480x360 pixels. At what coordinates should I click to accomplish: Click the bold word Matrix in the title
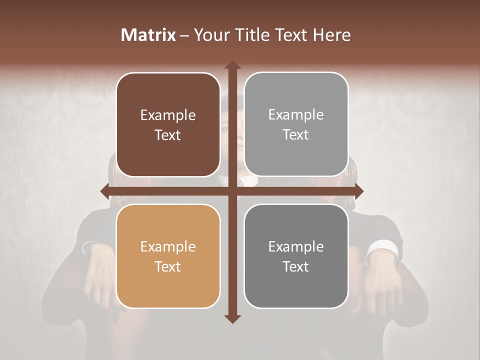pyautogui.click(x=148, y=35)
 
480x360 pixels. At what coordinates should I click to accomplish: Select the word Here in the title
pyautogui.click(x=331, y=35)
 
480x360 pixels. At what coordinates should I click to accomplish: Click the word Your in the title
pyautogui.click(x=210, y=35)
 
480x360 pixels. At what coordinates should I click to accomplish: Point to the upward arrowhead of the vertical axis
pyautogui.click(x=232, y=64)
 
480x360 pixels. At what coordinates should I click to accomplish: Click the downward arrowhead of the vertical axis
pyautogui.click(x=232, y=318)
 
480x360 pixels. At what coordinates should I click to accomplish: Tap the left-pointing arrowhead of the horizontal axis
pyautogui.click(x=104, y=191)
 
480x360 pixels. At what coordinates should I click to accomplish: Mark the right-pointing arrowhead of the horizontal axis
pyautogui.click(x=358, y=191)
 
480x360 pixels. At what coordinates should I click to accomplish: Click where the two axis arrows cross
pyautogui.click(x=232, y=191)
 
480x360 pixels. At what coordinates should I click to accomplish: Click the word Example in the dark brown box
pyautogui.click(x=168, y=115)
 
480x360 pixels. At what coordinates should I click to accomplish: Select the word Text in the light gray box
pyautogui.click(x=296, y=134)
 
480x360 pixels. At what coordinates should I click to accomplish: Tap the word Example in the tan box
pyautogui.click(x=168, y=246)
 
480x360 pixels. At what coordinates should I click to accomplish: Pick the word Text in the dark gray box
pyautogui.click(x=296, y=266)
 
